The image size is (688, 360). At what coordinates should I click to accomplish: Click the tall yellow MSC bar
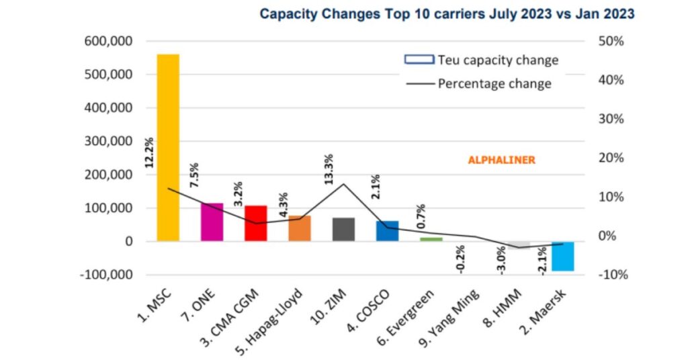click(168, 148)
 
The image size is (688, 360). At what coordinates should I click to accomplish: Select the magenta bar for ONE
click(212, 222)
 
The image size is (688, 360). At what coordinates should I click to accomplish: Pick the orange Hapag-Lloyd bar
click(300, 228)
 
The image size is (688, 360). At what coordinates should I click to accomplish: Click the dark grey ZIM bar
click(343, 229)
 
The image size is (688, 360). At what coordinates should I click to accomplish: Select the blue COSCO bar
click(387, 230)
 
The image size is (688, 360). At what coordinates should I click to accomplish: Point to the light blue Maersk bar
click(563, 256)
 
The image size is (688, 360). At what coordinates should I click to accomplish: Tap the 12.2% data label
click(149, 152)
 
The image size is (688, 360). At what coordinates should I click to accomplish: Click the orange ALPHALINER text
click(501, 160)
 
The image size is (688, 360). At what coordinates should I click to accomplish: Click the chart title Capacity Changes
click(447, 13)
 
